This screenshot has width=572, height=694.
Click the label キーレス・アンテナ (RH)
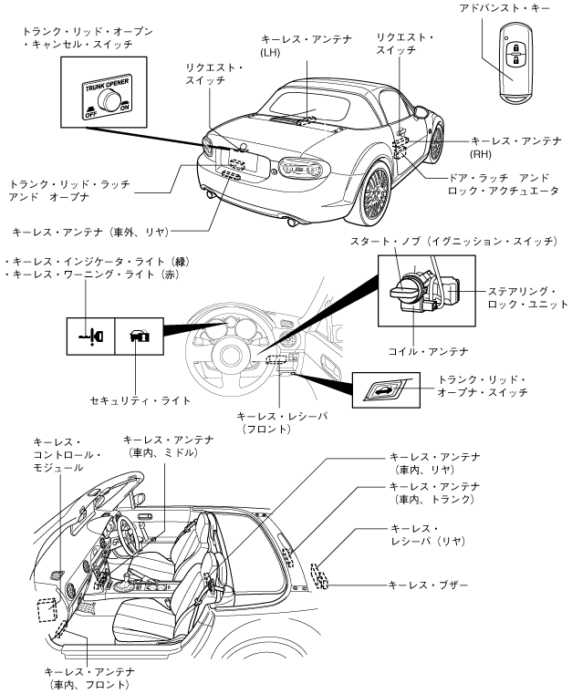(x=511, y=148)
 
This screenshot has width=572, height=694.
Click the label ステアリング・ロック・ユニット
(x=515, y=297)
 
